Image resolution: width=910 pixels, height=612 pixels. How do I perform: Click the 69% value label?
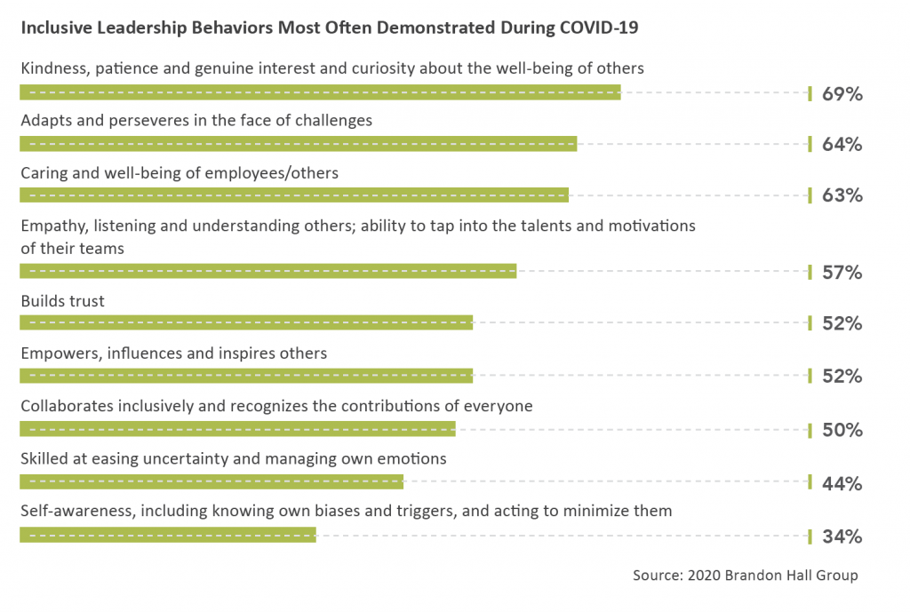[x=842, y=93]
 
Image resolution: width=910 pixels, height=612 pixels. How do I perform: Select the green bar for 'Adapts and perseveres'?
[x=298, y=144]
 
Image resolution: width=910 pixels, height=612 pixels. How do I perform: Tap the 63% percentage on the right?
[x=842, y=195]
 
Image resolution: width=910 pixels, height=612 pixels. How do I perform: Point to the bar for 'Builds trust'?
[x=246, y=323]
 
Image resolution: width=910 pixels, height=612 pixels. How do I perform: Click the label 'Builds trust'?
[x=62, y=301]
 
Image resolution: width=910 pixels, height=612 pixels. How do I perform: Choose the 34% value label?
[x=842, y=536]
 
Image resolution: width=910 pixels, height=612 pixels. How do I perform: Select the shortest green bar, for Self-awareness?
[x=168, y=535]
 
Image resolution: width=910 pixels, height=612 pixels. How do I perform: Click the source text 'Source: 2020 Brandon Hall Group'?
[x=745, y=576]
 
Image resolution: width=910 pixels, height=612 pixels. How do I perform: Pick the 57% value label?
[x=842, y=272]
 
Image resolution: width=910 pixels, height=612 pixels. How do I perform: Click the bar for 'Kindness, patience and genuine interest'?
[x=320, y=92]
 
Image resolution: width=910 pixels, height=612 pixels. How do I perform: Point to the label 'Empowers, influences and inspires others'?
[x=174, y=354]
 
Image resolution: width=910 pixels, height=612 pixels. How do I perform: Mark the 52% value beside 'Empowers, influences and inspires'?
[x=842, y=377]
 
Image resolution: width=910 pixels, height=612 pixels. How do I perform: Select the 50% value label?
[x=842, y=431]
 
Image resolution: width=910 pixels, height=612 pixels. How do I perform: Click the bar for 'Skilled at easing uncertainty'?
[x=212, y=481]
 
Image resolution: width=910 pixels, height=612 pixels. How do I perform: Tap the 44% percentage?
[x=842, y=483]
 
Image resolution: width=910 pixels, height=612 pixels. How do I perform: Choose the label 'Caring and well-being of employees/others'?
[x=180, y=173]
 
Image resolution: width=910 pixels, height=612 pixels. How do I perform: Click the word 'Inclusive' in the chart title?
[x=57, y=28]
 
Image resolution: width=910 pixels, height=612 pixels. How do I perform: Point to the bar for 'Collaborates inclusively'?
[x=237, y=429]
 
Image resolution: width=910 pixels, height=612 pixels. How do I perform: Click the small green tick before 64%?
[x=810, y=144]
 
